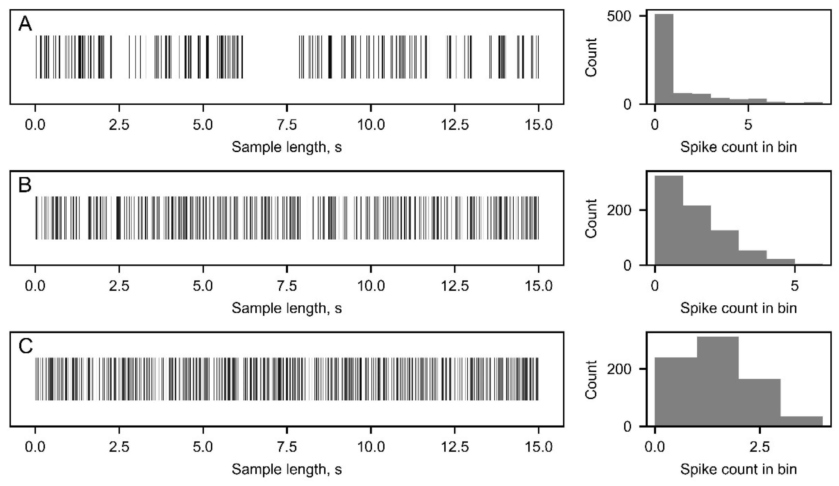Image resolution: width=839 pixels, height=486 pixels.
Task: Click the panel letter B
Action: point(25,185)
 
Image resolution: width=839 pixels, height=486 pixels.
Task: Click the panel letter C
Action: point(26,346)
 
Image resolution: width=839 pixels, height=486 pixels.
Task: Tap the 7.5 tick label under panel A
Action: point(287,125)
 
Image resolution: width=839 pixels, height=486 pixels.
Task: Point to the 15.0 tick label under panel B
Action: point(538,286)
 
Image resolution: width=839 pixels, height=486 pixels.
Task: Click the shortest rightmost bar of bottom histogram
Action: point(801,421)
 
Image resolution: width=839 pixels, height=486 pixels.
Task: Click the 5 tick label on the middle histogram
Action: point(795,286)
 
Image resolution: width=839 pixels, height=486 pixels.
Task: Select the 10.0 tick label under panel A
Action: point(371,125)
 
